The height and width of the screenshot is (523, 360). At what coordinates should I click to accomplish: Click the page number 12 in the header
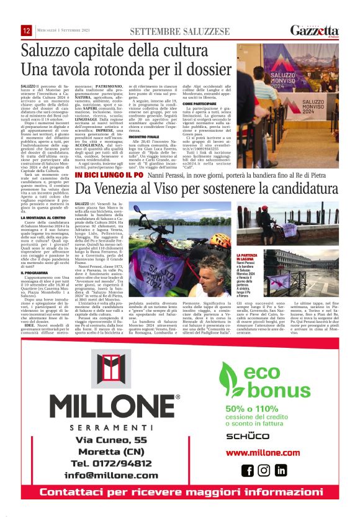click(26, 31)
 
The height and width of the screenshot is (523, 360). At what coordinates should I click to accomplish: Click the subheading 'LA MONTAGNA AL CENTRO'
click(43, 217)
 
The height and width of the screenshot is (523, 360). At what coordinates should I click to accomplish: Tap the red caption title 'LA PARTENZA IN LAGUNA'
click(246, 258)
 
